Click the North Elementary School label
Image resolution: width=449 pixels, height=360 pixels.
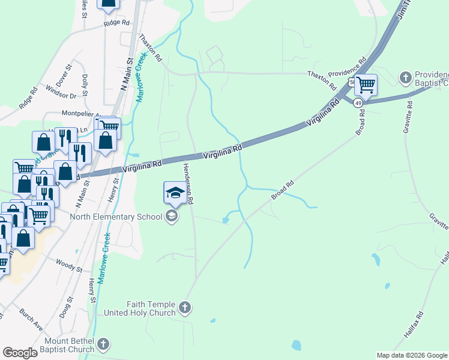coord(116,217)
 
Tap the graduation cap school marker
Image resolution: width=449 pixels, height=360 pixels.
coord(174,193)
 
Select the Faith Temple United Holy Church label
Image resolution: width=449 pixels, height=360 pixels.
coord(140,308)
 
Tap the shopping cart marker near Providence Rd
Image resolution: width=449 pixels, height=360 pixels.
coord(365,85)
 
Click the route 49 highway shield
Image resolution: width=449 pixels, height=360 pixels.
coord(358,103)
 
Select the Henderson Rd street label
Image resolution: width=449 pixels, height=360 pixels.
coord(187,184)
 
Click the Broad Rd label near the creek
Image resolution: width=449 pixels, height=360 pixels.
coord(282,190)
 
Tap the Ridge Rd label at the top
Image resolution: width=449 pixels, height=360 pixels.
coord(116,23)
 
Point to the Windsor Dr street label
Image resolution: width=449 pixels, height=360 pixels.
coord(61,95)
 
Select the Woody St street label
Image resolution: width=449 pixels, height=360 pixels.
coord(64,262)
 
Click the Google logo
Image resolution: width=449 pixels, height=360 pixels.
coord(20,353)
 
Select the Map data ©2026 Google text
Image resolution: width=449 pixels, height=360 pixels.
coord(411,355)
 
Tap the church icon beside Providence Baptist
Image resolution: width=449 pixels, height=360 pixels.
coord(405,77)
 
